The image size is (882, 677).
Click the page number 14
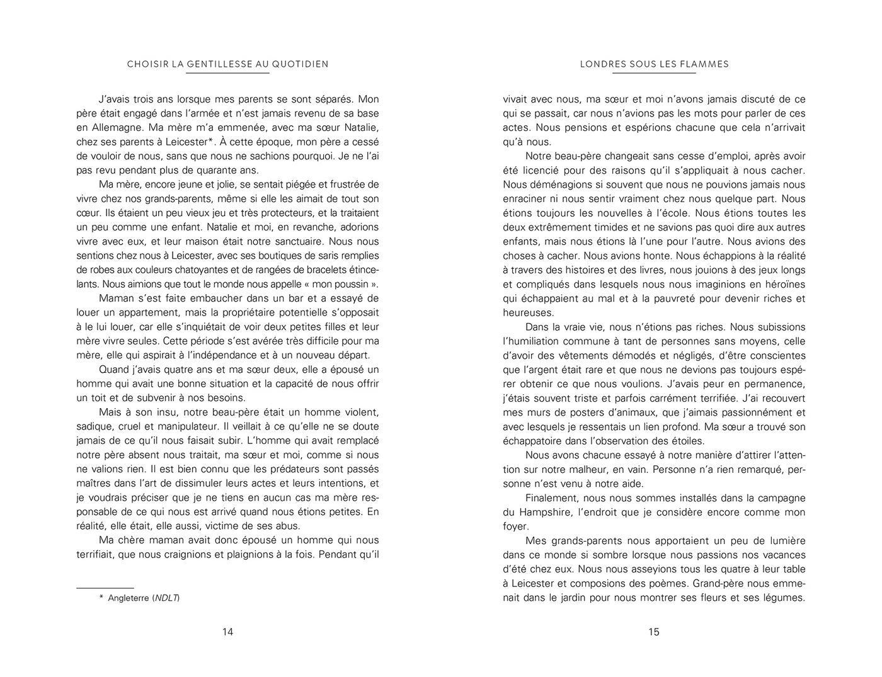pyautogui.click(x=227, y=632)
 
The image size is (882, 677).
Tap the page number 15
pyautogui.click(x=654, y=632)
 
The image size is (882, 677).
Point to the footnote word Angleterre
pyautogui.click(x=129, y=598)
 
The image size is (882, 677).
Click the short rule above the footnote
pyautogui.click(x=105, y=588)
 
